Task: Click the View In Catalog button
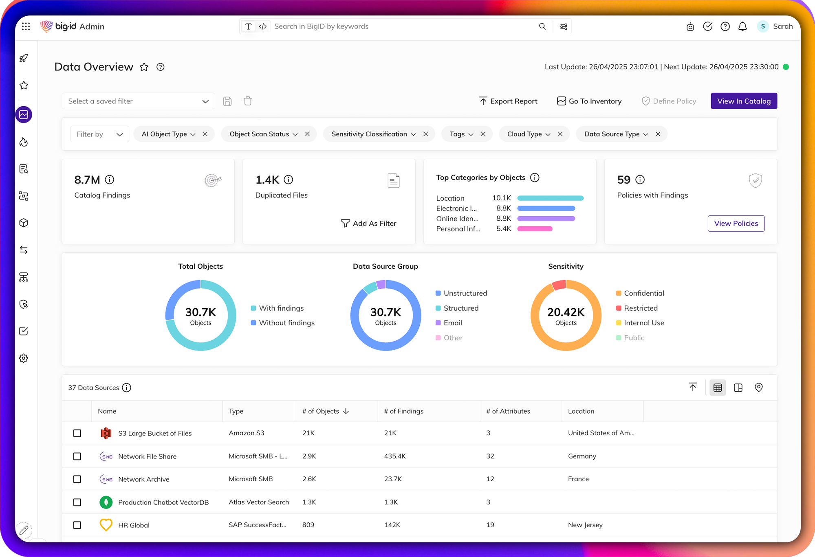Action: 744,101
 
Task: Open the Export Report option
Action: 508,101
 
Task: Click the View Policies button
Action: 736,223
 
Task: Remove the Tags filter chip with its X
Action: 483,134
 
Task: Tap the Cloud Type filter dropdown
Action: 529,134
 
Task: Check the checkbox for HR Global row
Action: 77,525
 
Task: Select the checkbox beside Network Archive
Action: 77,479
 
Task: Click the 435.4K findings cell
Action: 395,456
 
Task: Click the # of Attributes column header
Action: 508,411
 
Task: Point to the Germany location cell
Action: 582,456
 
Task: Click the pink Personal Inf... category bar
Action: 535,229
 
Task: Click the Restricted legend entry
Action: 640,308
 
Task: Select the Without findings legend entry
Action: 286,323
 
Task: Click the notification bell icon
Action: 742,26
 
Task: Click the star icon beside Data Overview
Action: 144,67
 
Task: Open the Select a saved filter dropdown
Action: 138,101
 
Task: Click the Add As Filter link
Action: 368,223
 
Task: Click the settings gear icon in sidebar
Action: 24,358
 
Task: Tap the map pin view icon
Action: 758,388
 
